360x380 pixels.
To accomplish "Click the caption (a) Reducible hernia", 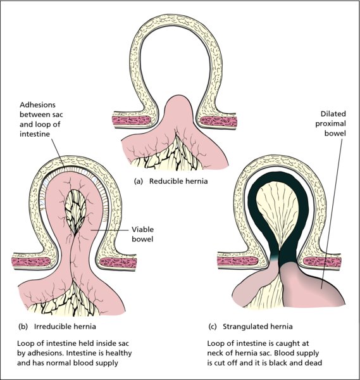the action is coord(171,181).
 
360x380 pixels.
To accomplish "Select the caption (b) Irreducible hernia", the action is coord(57,326).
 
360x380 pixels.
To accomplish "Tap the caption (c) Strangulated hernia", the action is coord(251,326).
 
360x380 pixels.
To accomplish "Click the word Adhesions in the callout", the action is coord(37,105).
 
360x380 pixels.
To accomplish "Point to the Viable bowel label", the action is coord(142,234).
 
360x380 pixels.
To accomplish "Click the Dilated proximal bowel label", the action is coord(330,123).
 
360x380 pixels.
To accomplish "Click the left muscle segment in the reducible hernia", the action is coord(131,120).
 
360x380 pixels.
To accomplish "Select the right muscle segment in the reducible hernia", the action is coord(219,121).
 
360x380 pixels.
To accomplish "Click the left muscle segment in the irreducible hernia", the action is coord(31,262).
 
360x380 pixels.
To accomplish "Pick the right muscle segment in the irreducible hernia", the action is coord(118,263).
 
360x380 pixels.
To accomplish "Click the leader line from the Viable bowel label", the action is coord(109,230).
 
